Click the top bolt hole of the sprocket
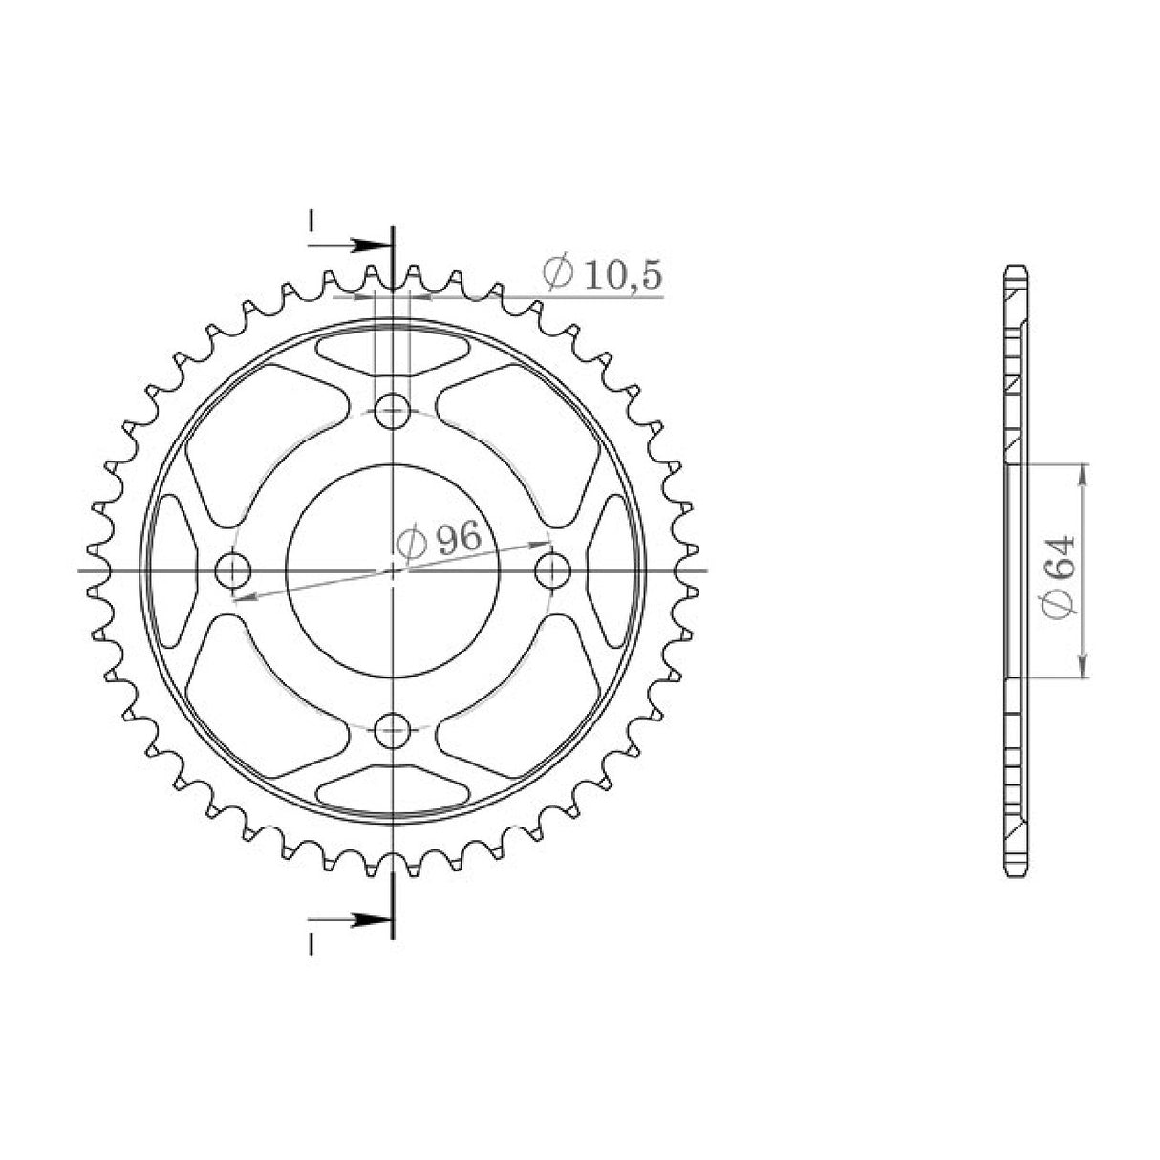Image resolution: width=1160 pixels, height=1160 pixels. (391, 412)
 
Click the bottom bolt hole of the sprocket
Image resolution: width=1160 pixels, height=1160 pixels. (391, 731)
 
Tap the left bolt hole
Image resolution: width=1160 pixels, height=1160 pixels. (231, 571)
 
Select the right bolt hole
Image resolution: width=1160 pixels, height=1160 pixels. (551, 571)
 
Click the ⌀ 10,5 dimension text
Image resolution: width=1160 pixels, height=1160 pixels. (601, 274)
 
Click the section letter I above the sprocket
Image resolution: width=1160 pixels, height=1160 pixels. (311, 220)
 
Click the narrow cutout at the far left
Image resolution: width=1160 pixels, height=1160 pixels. (173, 570)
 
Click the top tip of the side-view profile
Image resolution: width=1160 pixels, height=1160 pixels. (1017, 267)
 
